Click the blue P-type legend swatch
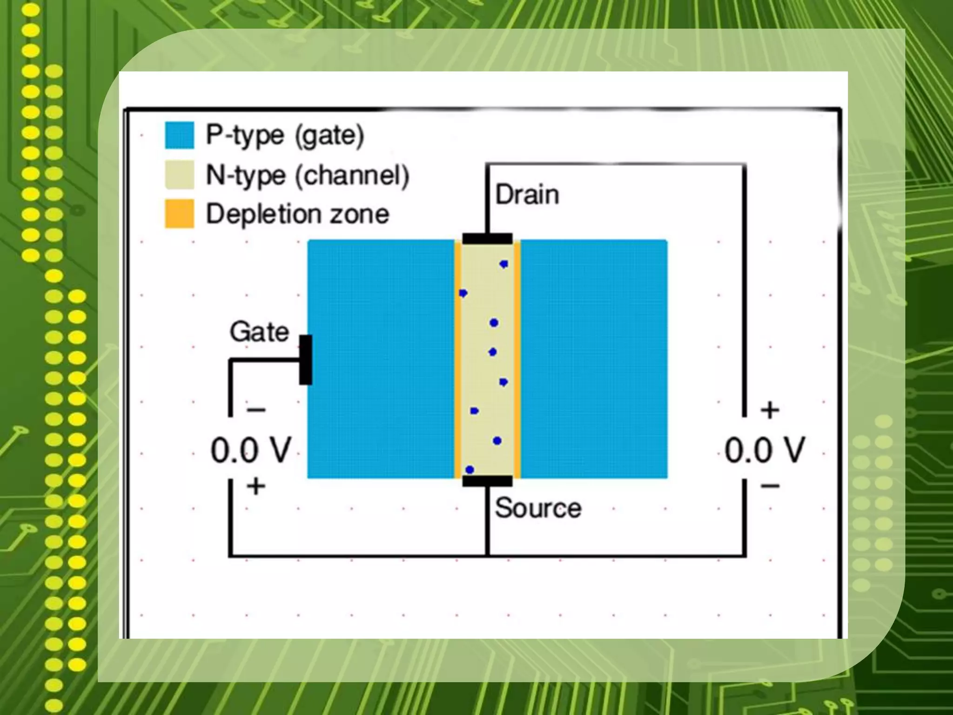pos(179,135)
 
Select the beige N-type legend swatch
pos(179,175)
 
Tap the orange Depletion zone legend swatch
pos(179,214)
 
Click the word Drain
pos(527,195)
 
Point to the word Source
pos(538,508)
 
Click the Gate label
pos(259,332)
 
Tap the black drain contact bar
pos(487,239)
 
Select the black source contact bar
pos(487,481)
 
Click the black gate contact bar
pos(305,360)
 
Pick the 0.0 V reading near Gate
pos(251,451)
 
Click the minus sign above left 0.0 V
pos(256,410)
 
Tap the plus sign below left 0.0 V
pos(256,487)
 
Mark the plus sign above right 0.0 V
pos(770,410)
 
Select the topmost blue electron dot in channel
pos(503,264)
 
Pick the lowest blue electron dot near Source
pos(470,470)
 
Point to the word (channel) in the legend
pos(352,176)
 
